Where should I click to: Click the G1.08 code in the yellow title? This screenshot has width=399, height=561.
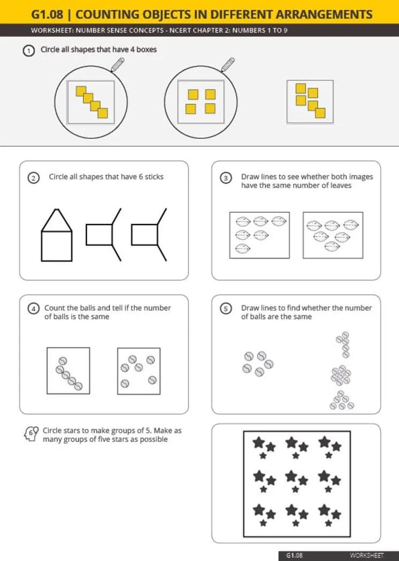(47, 14)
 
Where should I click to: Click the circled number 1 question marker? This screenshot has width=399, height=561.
(29, 50)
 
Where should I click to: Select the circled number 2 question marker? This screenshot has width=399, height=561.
(33, 178)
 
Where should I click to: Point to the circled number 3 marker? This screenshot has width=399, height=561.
(225, 178)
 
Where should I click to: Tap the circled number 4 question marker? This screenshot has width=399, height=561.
(33, 309)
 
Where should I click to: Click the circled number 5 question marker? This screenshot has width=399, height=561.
(225, 309)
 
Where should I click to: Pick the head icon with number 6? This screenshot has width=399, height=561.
(31, 434)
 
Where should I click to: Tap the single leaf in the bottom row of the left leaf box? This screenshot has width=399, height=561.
(243, 248)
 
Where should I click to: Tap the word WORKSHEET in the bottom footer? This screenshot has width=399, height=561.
(367, 555)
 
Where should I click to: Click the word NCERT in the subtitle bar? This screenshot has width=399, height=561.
(181, 30)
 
